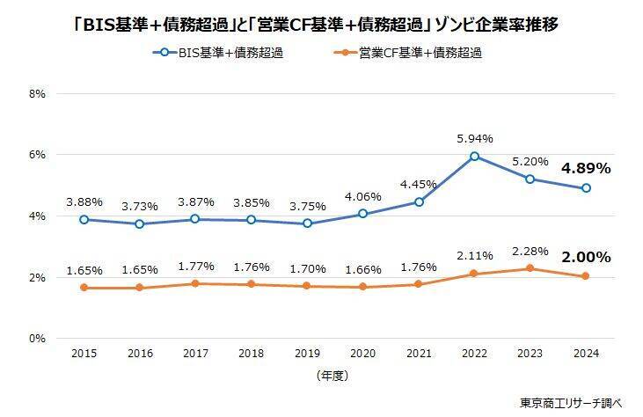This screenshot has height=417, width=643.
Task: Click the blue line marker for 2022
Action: [x=475, y=157]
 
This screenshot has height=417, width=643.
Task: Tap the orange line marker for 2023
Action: [x=530, y=268]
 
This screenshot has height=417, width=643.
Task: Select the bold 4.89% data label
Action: [x=586, y=169]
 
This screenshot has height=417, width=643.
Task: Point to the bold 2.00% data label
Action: [x=586, y=257]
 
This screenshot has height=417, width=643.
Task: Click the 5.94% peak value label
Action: [x=475, y=138]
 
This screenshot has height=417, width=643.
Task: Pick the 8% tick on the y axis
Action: [x=38, y=93]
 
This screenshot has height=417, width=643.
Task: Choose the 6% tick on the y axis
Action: [x=38, y=155]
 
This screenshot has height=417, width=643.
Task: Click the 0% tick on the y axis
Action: [x=38, y=339]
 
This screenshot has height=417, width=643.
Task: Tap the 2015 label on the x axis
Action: [x=84, y=353]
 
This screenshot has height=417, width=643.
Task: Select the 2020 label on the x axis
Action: [x=362, y=353]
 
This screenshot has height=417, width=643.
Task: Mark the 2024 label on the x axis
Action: [x=586, y=353]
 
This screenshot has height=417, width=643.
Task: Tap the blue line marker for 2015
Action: [x=84, y=219]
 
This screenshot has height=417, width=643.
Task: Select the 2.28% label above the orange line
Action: [x=530, y=250]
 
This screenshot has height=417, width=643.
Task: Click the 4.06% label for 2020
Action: [x=362, y=196]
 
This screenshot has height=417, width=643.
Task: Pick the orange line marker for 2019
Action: [x=307, y=286]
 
